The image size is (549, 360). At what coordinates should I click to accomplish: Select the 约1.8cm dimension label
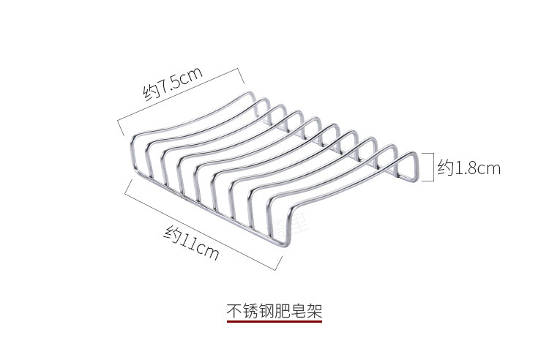tap(469, 168)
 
